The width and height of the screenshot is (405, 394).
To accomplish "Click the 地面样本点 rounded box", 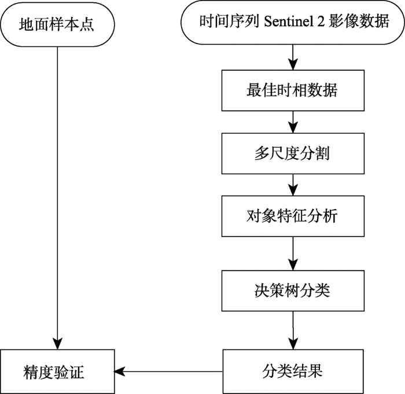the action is [x=57, y=24].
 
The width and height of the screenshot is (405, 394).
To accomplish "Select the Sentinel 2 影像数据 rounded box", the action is [x=293, y=22].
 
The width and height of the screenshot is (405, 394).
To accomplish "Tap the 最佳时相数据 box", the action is [x=293, y=90].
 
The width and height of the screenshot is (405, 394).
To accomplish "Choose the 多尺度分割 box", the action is [x=293, y=154].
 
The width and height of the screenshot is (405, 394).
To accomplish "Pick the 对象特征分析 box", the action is [x=293, y=216].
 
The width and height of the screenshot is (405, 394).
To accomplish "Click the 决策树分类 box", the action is [x=293, y=291].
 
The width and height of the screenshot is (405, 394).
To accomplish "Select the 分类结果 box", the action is [x=293, y=371].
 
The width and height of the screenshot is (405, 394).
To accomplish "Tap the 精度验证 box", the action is [x=57, y=371].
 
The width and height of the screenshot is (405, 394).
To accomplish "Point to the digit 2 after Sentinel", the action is [x=321, y=22].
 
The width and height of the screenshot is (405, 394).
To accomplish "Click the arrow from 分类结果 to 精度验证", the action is [x=168, y=372].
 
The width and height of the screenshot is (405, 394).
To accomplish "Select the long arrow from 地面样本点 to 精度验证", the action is [x=57, y=198].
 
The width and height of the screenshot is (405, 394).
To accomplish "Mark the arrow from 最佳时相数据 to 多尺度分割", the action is [x=293, y=122].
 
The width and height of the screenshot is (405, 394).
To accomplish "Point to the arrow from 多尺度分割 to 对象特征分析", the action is [x=293, y=185].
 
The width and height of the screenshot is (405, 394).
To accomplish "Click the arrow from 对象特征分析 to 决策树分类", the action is [x=293, y=254].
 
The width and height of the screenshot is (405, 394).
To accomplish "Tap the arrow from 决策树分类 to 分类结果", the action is [x=293, y=330].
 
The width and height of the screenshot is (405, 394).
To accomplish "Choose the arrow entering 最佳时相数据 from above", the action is [x=293, y=57].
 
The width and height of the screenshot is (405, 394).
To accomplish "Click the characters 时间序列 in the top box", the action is [x=229, y=21].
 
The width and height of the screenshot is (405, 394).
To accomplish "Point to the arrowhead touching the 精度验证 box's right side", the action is [x=119, y=372].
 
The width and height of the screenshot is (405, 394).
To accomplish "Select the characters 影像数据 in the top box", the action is [x=359, y=21].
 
